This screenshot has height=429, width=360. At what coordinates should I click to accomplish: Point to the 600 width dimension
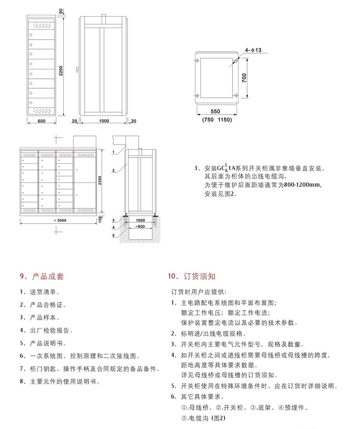tap(41, 121)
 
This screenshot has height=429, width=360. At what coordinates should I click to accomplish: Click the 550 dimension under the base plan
tap(216, 111)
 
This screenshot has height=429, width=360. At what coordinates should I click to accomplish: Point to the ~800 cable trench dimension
tap(141, 226)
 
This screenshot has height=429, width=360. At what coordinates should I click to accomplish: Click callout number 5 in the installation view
tap(114, 235)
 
